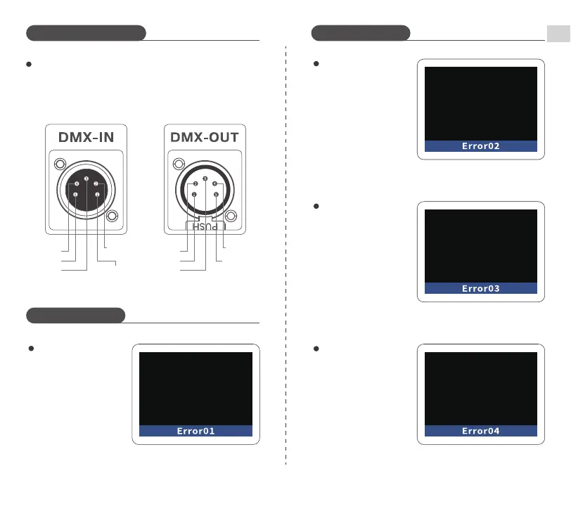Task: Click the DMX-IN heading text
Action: [x=85, y=136]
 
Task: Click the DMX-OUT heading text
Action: [x=205, y=136]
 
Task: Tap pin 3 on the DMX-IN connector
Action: [x=86, y=179]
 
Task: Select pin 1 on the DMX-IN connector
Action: [x=97, y=193]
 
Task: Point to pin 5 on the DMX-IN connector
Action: [x=75, y=193]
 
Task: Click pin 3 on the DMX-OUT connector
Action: [x=205, y=179]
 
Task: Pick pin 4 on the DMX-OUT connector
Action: [x=215, y=185]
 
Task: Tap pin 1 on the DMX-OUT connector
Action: [x=194, y=193]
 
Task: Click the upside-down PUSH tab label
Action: [x=205, y=226]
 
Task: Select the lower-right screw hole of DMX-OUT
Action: [x=233, y=214]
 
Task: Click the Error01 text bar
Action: [x=195, y=431]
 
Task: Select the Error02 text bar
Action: [x=482, y=146]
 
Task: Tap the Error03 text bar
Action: [x=482, y=288]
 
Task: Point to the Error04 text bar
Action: [x=482, y=431]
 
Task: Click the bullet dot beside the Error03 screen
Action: [x=316, y=207]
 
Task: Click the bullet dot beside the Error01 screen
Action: [x=31, y=349]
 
